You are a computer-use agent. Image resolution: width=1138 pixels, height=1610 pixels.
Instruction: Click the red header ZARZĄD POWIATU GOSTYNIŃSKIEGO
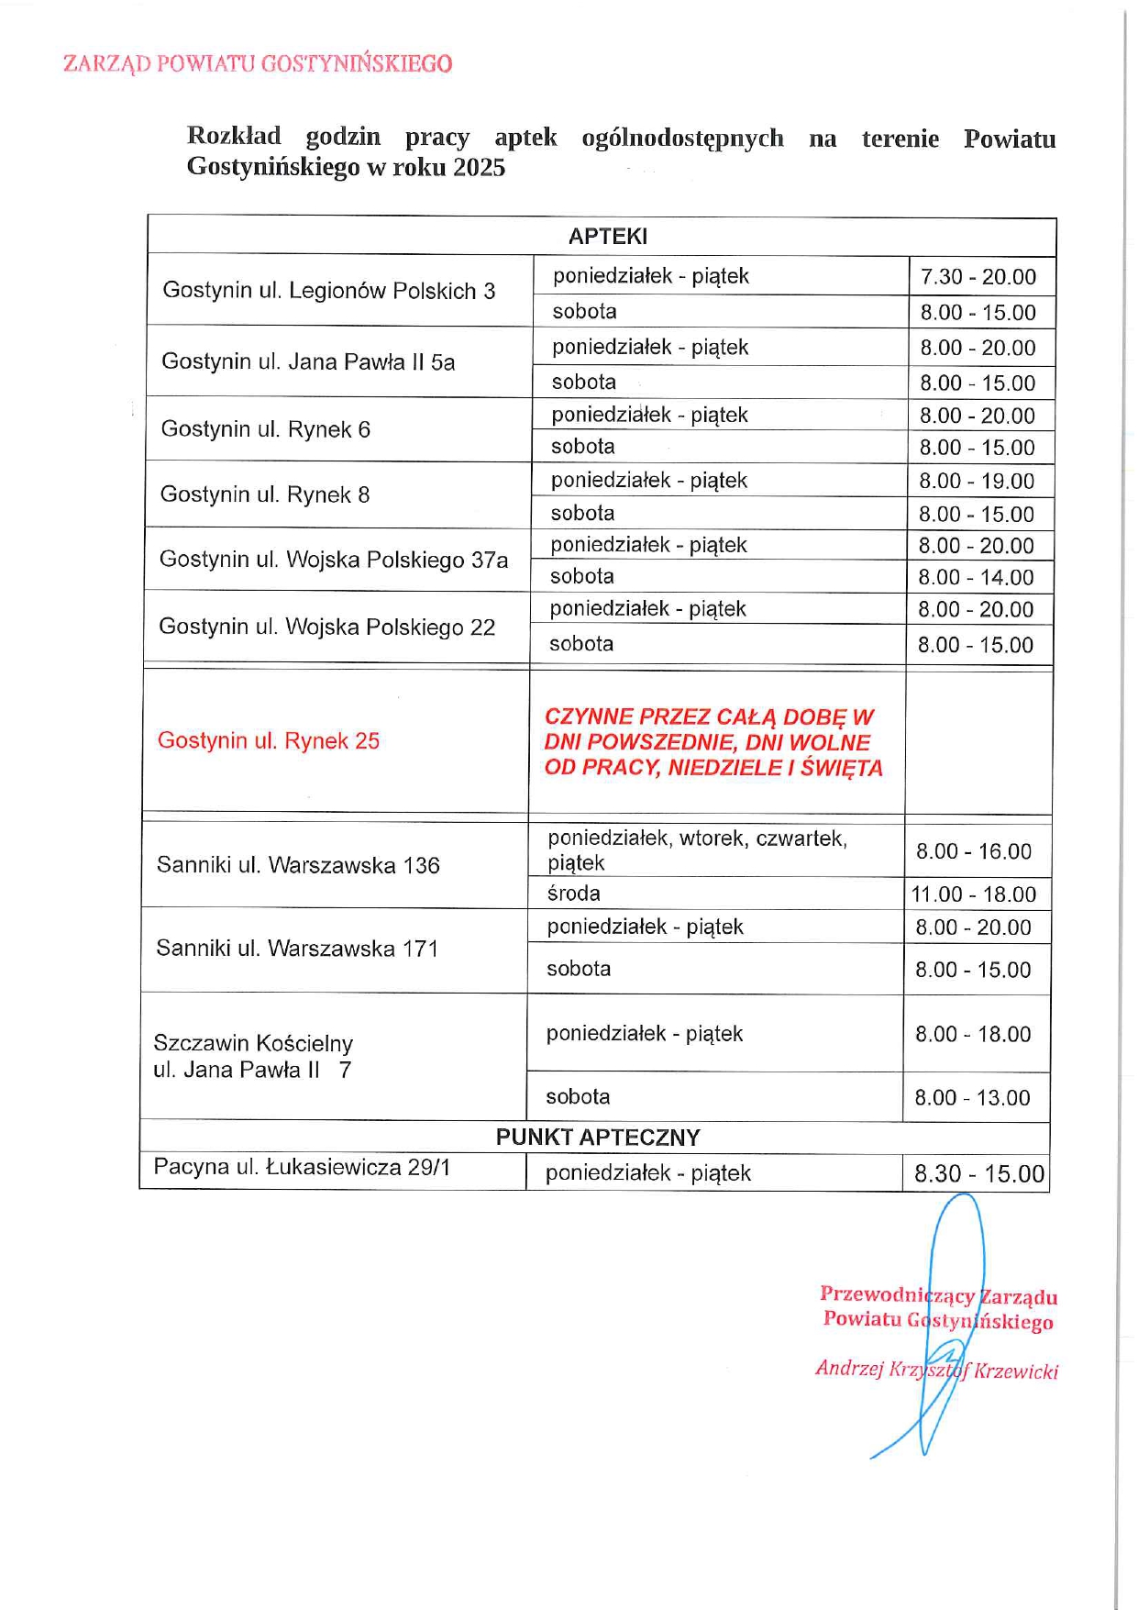(x=258, y=63)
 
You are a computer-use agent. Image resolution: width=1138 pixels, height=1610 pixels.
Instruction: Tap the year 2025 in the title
(x=479, y=168)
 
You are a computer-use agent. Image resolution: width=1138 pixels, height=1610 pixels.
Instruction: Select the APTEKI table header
(x=607, y=237)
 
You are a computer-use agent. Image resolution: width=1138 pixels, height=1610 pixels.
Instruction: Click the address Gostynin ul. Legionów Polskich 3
(x=328, y=291)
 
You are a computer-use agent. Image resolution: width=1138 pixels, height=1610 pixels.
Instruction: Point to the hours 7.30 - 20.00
(x=978, y=277)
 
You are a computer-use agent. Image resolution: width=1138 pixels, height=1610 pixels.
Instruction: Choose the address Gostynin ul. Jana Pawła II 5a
(x=308, y=361)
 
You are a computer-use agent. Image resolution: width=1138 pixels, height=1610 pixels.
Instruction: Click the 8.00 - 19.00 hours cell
(x=976, y=482)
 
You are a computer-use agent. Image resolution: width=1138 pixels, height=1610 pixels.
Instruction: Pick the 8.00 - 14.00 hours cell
(x=976, y=578)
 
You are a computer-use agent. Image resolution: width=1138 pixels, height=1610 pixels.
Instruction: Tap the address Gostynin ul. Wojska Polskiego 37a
(x=334, y=560)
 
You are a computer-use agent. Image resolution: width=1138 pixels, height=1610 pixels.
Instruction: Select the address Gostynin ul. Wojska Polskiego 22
(x=326, y=627)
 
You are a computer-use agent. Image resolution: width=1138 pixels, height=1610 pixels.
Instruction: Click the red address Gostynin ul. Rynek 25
(x=269, y=741)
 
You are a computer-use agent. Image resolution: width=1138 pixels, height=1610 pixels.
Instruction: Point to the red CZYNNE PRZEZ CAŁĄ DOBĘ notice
(x=713, y=742)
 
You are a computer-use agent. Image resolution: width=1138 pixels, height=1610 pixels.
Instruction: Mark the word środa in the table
(x=573, y=894)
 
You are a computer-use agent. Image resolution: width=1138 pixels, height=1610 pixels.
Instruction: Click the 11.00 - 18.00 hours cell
(x=973, y=894)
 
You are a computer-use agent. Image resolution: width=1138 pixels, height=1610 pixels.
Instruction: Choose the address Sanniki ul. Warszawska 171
(x=297, y=949)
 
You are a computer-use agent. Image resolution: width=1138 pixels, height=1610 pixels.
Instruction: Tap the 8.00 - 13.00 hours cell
(x=972, y=1098)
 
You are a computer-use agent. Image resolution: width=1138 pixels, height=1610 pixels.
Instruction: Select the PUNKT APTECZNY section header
(x=598, y=1138)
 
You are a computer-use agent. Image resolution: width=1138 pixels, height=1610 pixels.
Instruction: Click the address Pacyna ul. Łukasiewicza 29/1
(x=302, y=1168)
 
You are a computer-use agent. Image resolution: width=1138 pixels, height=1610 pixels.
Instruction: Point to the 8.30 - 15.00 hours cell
(x=978, y=1174)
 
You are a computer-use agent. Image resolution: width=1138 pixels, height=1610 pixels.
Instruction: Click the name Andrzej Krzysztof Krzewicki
(x=936, y=1371)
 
